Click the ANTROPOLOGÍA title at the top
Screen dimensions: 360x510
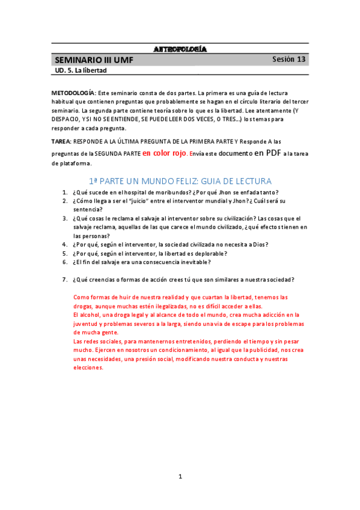(180, 49)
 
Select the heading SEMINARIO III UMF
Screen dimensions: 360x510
(93, 60)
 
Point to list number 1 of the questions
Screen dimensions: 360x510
(64, 192)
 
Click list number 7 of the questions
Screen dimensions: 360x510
(64, 280)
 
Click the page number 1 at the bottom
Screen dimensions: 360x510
(180, 476)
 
